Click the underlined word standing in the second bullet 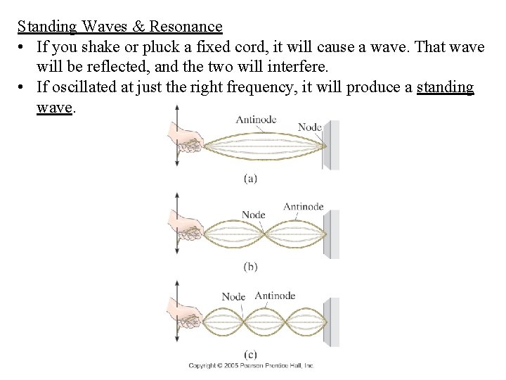click(x=445, y=88)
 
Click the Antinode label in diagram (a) click(x=256, y=120)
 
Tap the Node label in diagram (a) click(x=309, y=127)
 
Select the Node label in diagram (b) click(x=254, y=215)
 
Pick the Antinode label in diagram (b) click(x=303, y=206)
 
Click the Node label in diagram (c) click(x=233, y=296)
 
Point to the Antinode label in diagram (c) click(x=275, y=296)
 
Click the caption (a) click(x=250, y=179)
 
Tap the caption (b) click(x=250, y=267)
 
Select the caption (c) click(x=250, y=354)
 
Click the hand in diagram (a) click(x=185, y=139)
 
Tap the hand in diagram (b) click(x=185, y=226)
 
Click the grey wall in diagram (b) click(x=332, y=234)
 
